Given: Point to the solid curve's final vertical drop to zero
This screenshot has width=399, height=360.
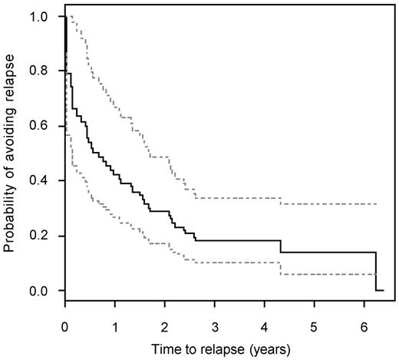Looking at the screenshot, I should click(376, 271).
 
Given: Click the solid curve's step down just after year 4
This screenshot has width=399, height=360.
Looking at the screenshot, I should click(281, 246).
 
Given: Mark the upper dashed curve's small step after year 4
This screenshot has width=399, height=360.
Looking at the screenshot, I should click(281, 201).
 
